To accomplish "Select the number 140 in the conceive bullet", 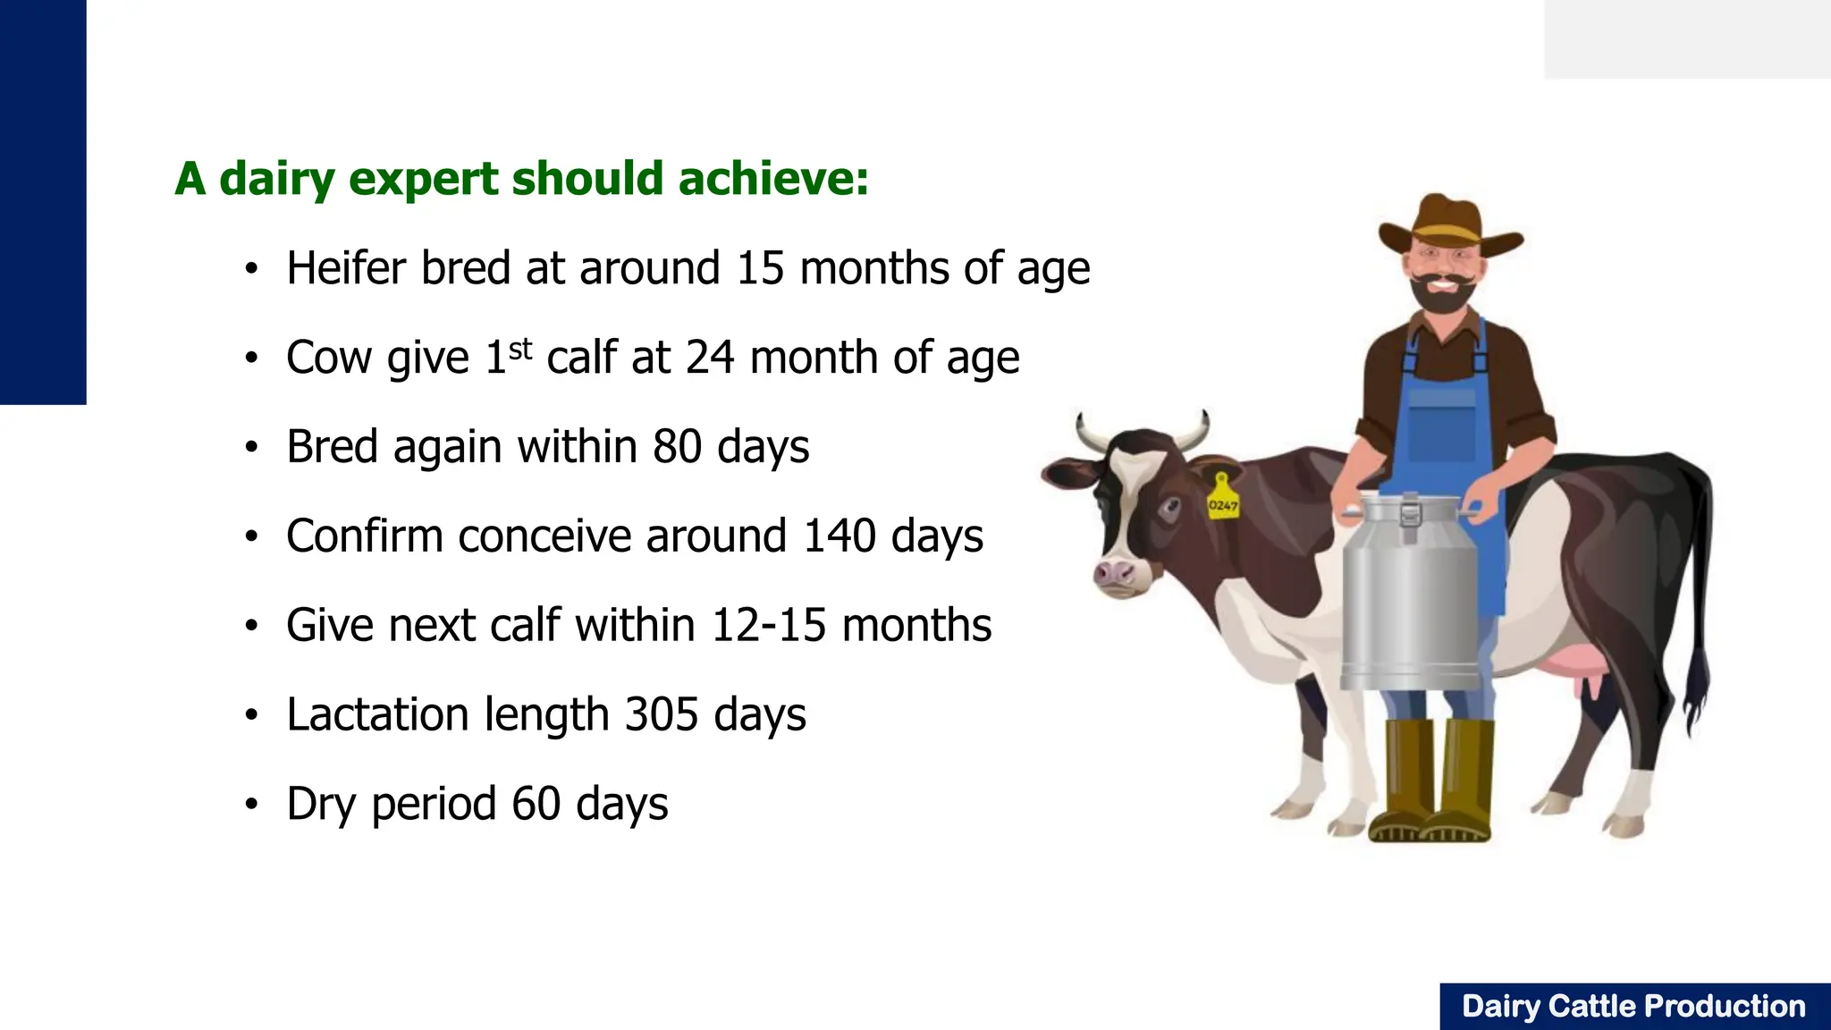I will (840, 536).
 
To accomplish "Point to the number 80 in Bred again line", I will (677, 446).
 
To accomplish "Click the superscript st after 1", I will (520, 348).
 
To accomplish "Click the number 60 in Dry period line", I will (536, 804).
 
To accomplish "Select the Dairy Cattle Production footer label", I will (1633, 1007).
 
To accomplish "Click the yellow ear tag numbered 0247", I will (1222, 501).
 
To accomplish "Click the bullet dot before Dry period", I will (252, 805).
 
